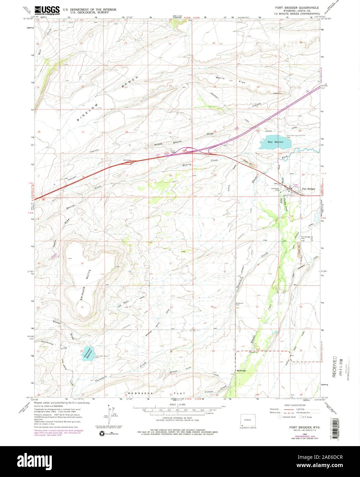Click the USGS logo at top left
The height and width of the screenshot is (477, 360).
(x=47, y=10)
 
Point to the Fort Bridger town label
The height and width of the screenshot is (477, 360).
(x=308, y=189)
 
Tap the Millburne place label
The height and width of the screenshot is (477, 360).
(x=242, y=371)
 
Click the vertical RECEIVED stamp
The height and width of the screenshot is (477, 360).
(x=334, y=367)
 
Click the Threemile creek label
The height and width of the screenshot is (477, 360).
(x=101, y=377)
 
